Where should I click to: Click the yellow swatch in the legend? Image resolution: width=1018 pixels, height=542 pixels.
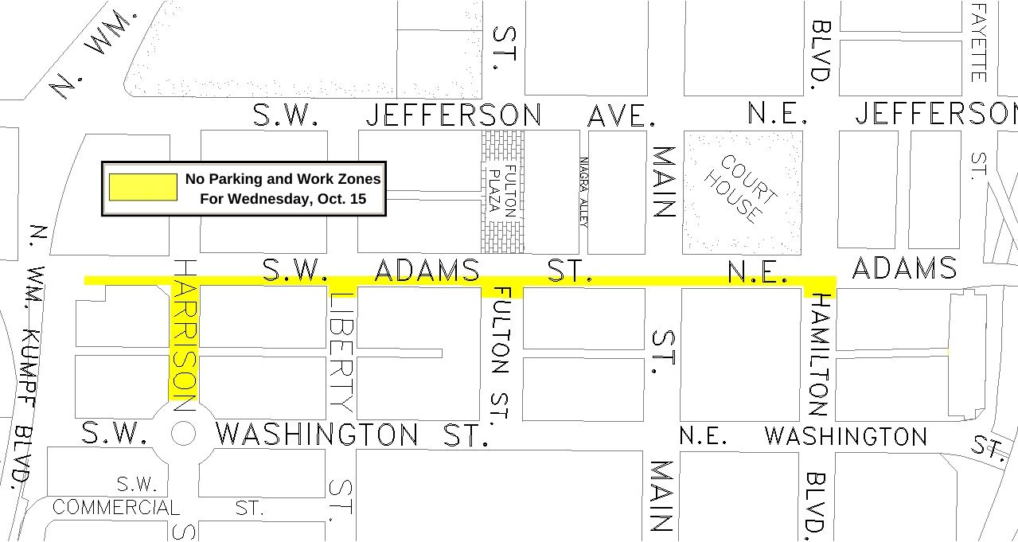coord(142,187)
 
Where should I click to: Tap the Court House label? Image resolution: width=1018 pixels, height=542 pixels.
coord(741,189)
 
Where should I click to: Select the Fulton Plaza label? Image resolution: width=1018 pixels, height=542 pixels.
coord(502,192)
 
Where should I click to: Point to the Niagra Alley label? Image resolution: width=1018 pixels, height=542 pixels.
coord(583,192)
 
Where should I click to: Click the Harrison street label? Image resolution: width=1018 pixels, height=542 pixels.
coord(184,334)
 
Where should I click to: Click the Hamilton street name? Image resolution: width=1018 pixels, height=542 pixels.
coord(820,355)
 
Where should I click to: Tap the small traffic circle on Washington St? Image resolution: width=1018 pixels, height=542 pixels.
coord(183,434)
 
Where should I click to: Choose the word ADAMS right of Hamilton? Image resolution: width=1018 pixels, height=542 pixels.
coord(903,269)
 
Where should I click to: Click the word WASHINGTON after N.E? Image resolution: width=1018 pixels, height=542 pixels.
coord(845,436)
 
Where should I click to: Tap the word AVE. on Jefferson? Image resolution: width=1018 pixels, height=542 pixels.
coord(622,116)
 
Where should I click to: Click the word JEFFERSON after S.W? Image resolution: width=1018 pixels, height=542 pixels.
coord(453,115)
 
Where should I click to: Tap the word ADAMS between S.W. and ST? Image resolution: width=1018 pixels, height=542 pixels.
coord(427,271)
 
